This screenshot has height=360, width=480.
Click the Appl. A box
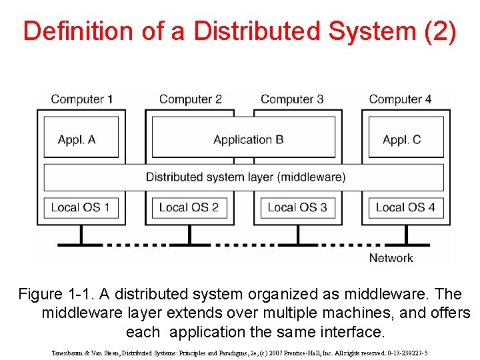81,139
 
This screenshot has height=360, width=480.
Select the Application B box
244,139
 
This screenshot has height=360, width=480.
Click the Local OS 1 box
81,207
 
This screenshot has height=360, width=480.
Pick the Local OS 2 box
189,207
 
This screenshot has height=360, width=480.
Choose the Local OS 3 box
297,207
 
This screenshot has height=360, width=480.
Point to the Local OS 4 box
406,207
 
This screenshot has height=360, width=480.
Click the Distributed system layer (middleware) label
245,177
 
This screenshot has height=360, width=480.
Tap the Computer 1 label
81,99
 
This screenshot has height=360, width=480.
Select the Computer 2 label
190,99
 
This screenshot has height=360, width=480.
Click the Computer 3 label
292,99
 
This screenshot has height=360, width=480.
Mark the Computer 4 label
400,99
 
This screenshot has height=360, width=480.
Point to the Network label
391,258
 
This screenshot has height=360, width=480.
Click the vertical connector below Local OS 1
81,234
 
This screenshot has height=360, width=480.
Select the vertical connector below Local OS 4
405,234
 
